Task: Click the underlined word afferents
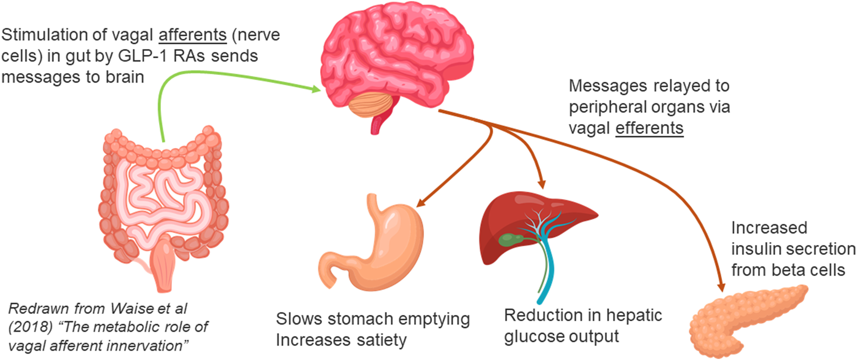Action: pyautogui.click(x=192, y=35)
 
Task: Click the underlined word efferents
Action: pyautogui.click(x=649, y=128)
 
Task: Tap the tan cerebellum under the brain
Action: pyautogui.click(x=371, y=105)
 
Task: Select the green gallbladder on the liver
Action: pyautogui.click(x=510, y=239)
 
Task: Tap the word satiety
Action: pyautogui.click(x=382, y=340)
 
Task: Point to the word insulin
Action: pyautogui.click(x=756, y=249)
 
